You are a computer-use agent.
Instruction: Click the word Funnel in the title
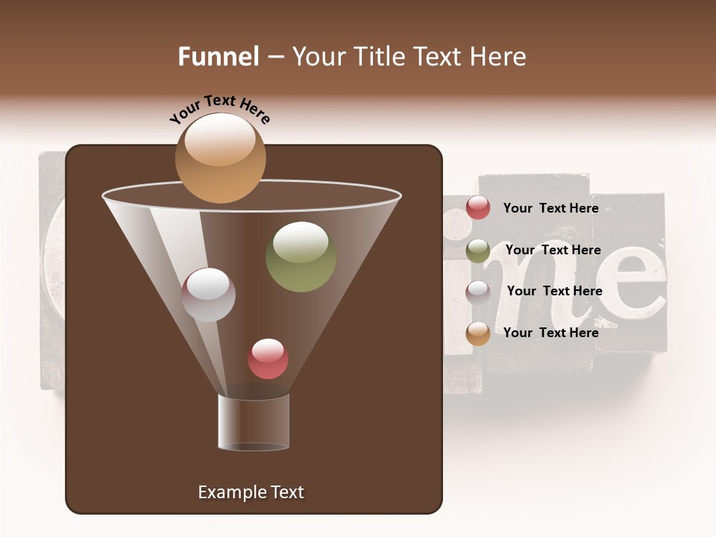(218, 57)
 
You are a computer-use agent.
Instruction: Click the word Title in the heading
(378, 57)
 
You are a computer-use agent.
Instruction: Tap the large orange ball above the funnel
(220, 157)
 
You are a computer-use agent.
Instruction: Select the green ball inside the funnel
(301, 257)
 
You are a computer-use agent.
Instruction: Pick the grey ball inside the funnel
(208, 295)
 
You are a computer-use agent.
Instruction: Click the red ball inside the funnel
(268, 358)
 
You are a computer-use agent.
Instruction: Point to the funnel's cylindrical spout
(254, 422)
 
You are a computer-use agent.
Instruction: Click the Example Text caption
(251, 492)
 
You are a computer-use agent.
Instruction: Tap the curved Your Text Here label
(220, 110)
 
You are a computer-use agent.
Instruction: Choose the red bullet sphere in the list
(478, 208)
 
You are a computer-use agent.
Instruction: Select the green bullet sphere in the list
(478, 251)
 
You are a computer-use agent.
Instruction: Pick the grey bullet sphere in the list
(478, 292)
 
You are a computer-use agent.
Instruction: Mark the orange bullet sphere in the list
(478, 333)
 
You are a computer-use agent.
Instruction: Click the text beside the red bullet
(550, 208)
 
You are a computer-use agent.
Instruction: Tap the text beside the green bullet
(553, 250)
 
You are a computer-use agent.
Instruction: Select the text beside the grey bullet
(554, 291)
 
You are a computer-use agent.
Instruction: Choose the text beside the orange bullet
(550, 333)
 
